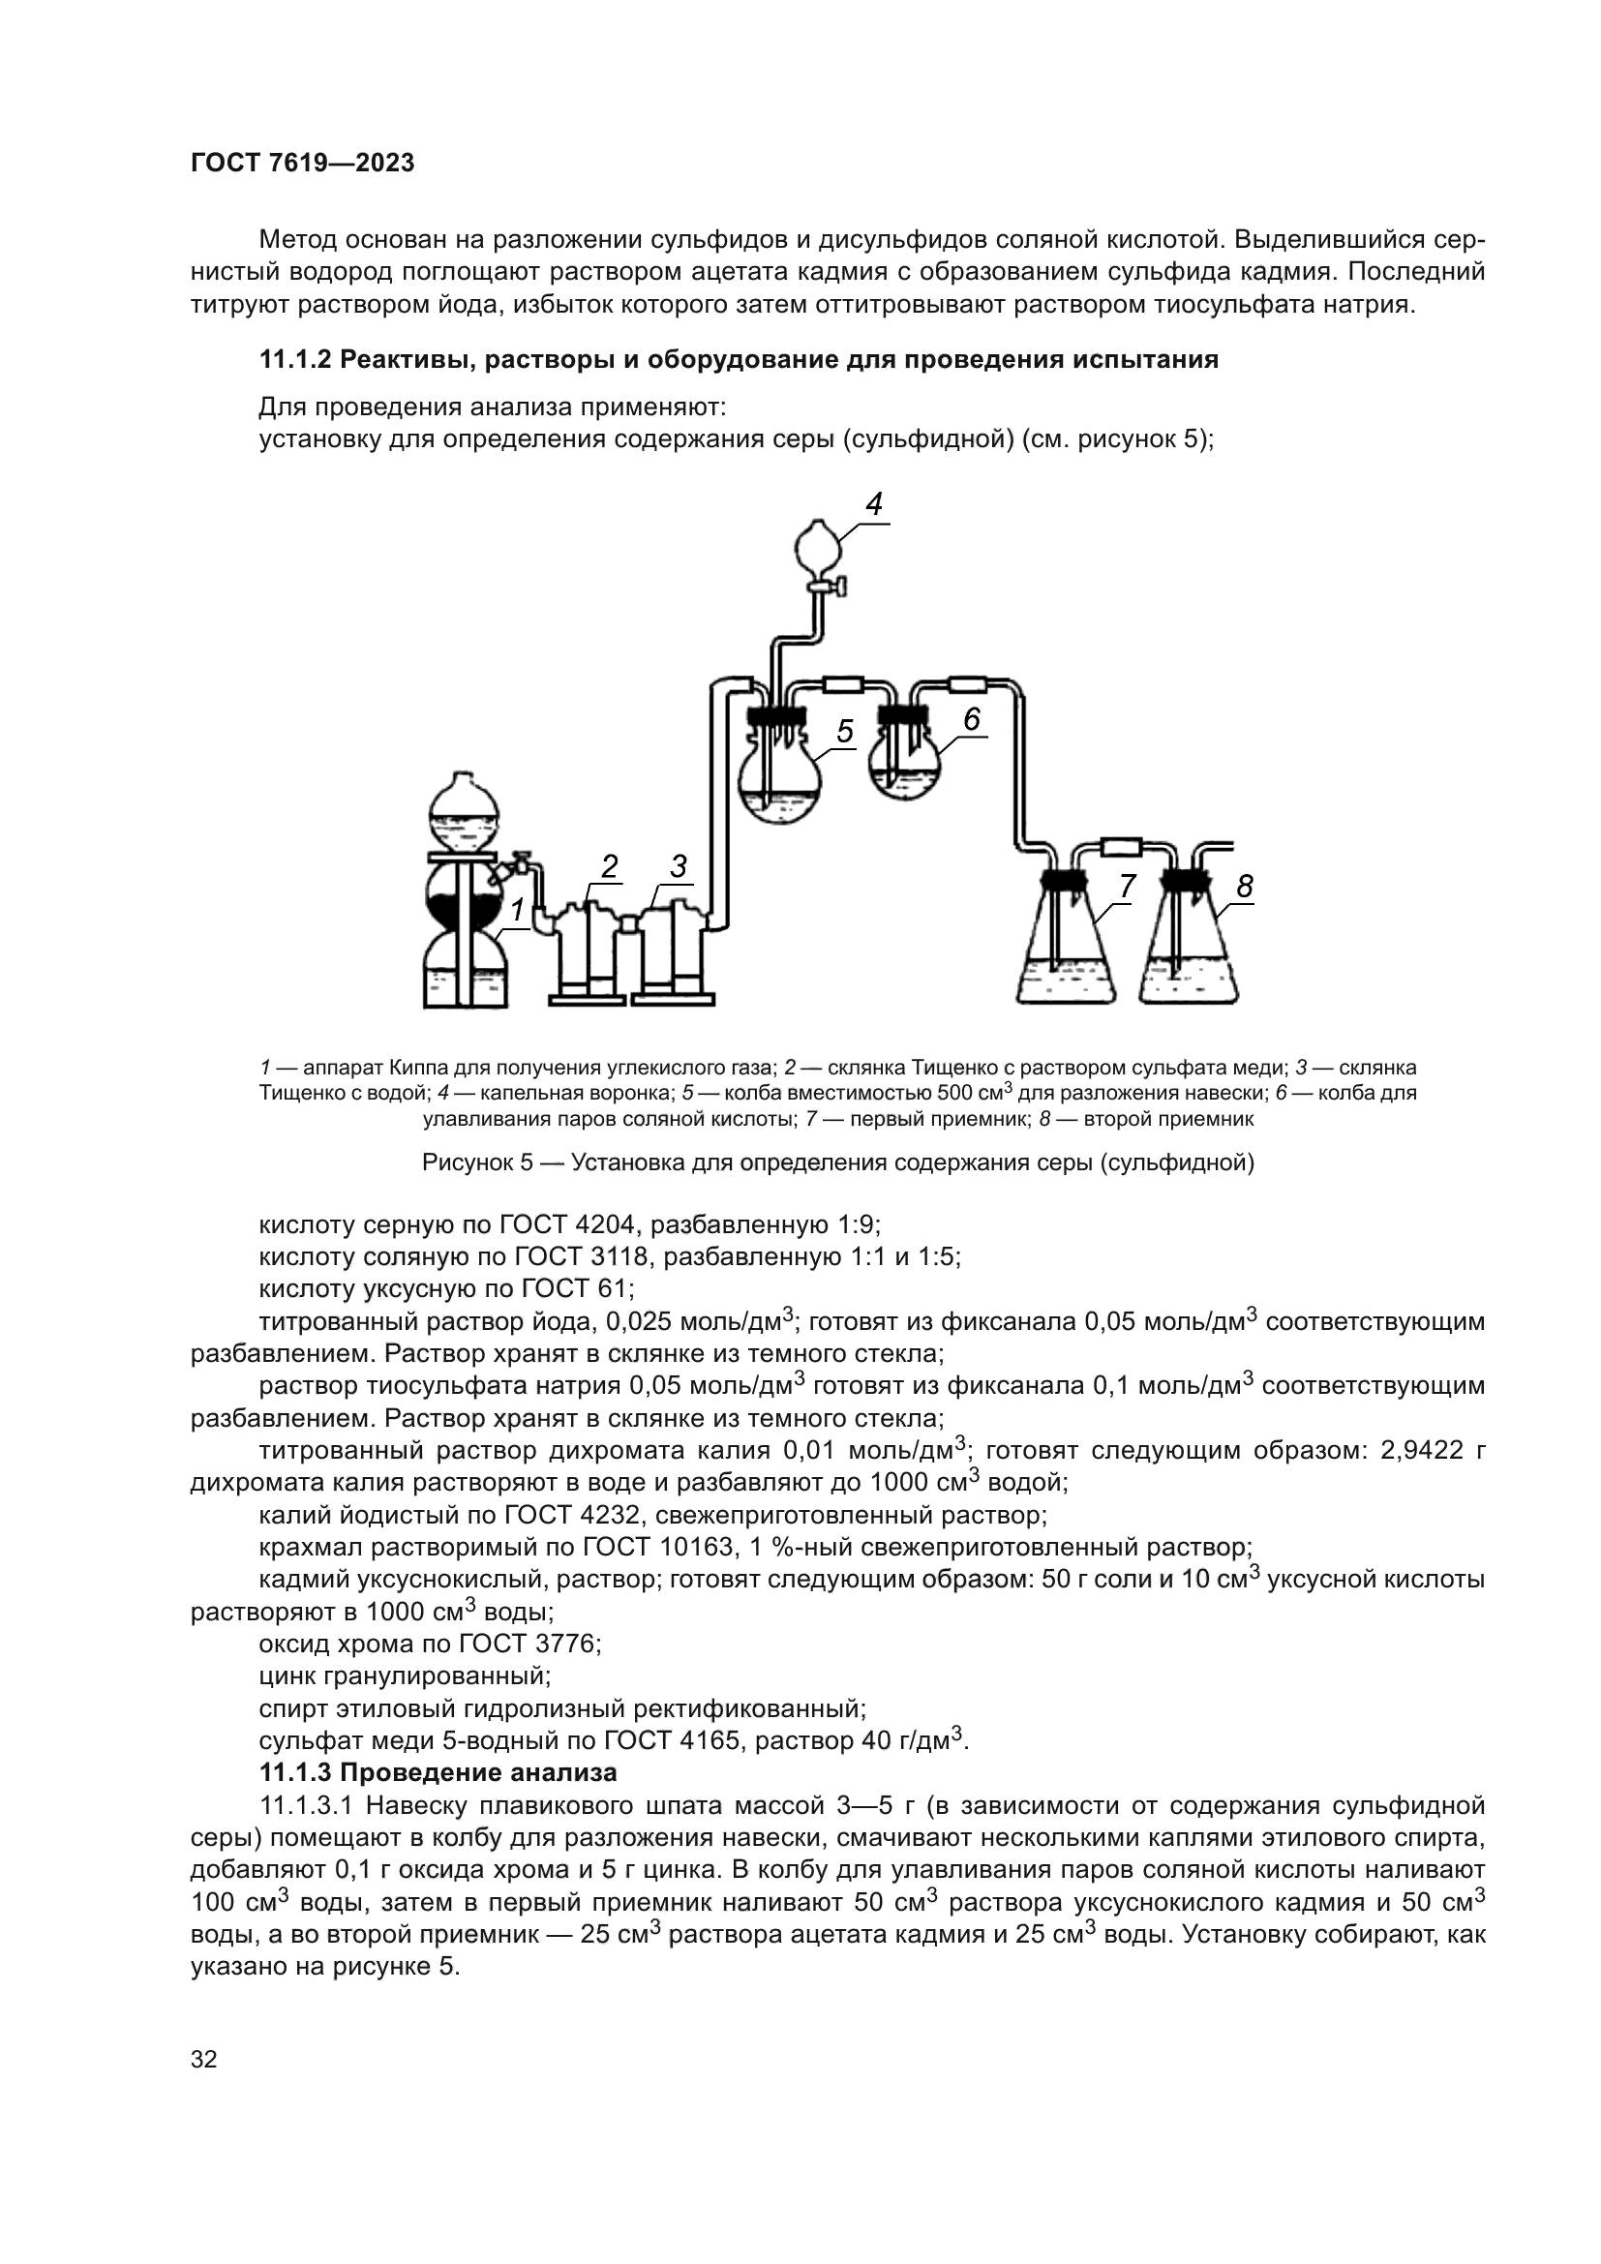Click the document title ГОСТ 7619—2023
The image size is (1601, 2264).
302,164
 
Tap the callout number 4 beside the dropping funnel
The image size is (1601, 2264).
873,505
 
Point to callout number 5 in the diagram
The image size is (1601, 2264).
845,731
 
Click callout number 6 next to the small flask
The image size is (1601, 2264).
972,720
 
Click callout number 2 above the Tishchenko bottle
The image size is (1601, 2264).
609,866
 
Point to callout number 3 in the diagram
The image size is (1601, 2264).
679,866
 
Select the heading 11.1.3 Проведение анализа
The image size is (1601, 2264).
438,1772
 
